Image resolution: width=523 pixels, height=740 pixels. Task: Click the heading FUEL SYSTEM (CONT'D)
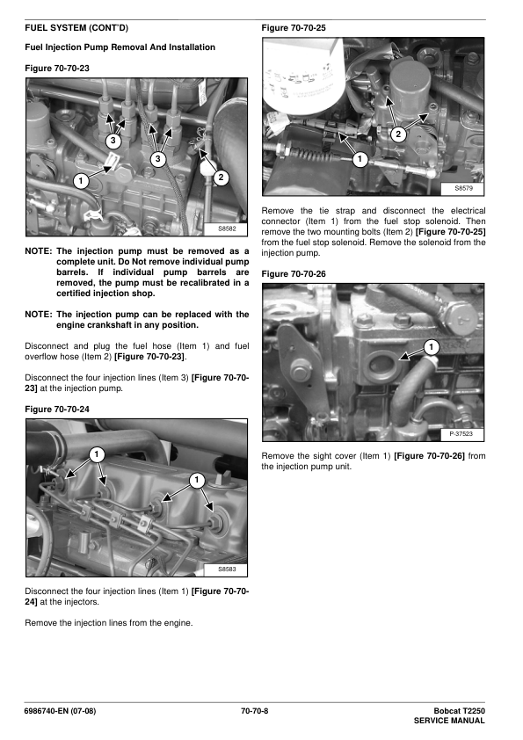pyautogui.click(x=76, y=28)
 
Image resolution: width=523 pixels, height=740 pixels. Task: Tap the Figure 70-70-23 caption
pyautogui.click(x=57, y=69)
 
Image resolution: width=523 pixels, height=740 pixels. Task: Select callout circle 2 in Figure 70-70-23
pyautogui.click(x=221, y=178)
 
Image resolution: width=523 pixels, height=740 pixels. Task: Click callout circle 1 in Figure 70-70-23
pyautogui.click(x=81, y=181)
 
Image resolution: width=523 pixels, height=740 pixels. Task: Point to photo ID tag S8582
pyautogui.click(x=227, y=229)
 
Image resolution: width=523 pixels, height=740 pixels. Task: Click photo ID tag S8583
pyautogui.click(x=227, y=570)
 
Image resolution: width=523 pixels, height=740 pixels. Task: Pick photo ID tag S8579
pyautogui.click(x=463, y=188)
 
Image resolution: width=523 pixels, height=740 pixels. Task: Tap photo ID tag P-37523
pyautogui.click(x=461, y=433)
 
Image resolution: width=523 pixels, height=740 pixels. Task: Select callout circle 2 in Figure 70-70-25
pyautogui.click(x=398, y=134)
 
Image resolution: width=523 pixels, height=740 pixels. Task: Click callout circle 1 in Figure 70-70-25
pyautogui.click(x=360, y=159)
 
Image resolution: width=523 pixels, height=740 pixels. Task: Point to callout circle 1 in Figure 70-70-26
pyautogui.click(x=431, y=348)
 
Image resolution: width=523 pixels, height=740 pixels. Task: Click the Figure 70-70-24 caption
pyautogui.click(x=57, y=410)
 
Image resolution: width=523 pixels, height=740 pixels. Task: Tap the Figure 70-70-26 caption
pyautogui.click(x=294, y=274)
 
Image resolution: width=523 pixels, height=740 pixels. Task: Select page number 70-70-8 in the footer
pyautogui.click(x=254, y=711)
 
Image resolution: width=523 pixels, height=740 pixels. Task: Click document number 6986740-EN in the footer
pyautogui.click(x=47, y=711)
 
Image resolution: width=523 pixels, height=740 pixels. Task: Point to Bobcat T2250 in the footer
pyautogui.click(x=460, y=711)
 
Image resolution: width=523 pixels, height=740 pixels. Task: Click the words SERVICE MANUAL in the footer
pyautogui.click(x=449, y=722)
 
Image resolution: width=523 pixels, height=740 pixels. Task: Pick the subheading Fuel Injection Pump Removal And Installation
pyautogui.click(x=120, y=47)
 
